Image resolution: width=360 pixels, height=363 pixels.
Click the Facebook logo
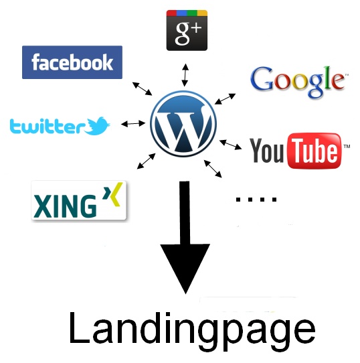coord(72,62)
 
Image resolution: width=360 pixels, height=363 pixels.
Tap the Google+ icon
coord(187,30)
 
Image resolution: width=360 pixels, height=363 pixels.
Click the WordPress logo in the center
coord(183,124)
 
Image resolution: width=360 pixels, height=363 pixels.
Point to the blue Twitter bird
coord(97,126)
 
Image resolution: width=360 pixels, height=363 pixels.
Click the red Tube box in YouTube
coord(314,151)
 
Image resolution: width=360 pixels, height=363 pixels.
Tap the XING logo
coord(79,200)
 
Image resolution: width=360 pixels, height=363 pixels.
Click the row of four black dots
coord(256,200)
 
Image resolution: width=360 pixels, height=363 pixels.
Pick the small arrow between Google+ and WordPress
coord(185,75)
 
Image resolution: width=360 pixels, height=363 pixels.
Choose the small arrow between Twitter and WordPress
coord(133,124)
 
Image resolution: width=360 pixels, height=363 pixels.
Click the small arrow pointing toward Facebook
coord(143,88)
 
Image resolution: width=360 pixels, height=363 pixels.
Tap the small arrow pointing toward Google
coord(225,99)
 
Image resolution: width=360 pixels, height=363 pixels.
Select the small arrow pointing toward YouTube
coord(230,145)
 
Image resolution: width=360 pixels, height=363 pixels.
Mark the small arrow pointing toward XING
coord(147,161)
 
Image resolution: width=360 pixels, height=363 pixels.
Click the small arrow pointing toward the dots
coord(213,169)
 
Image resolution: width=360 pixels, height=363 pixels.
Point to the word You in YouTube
coord(267,151)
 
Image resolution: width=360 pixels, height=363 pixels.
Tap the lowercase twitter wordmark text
coord(47,127)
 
